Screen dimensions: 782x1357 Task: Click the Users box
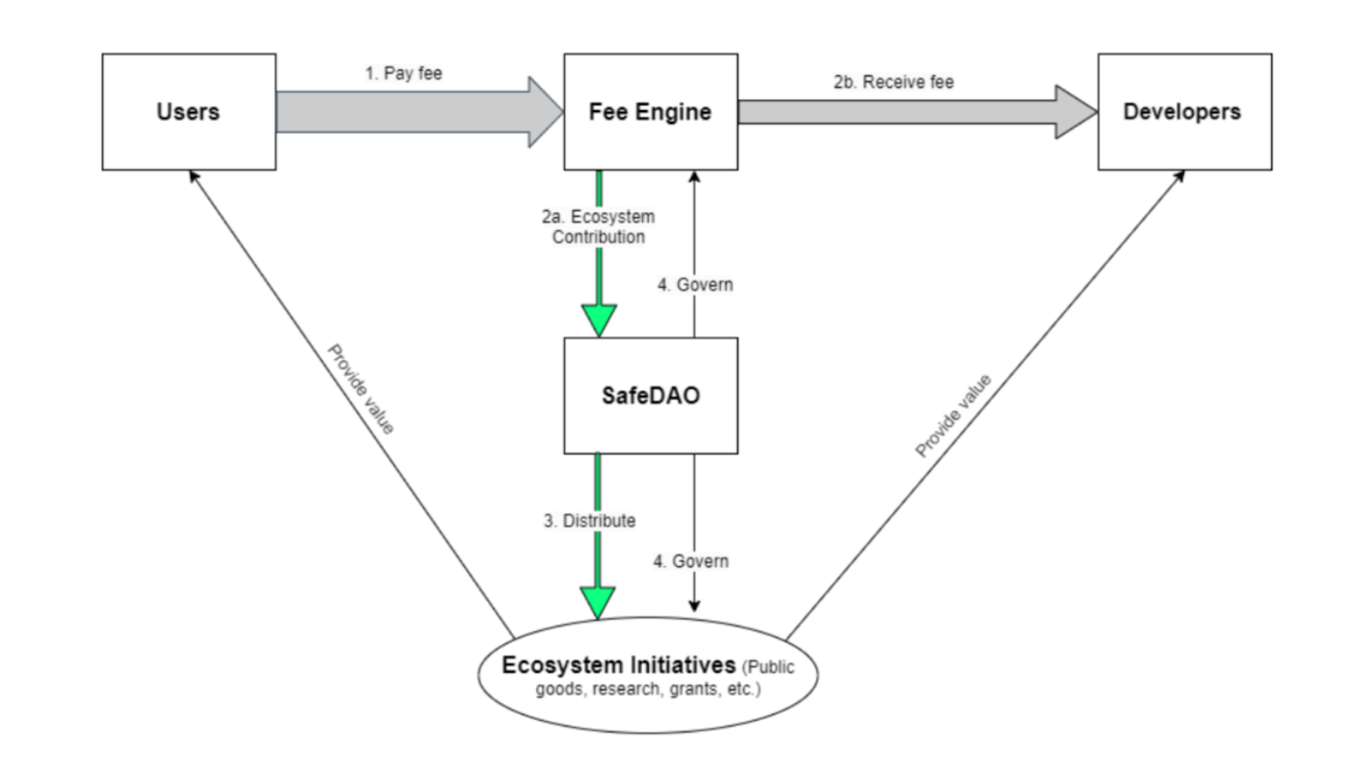point(188,112)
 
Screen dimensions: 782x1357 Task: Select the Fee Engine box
point(651,112)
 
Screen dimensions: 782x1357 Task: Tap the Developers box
point(1184,112)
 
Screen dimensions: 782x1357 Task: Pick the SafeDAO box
point(651,395)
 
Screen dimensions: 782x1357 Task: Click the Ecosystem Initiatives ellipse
point(648,675)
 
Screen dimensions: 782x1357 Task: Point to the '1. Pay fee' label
point(404,74)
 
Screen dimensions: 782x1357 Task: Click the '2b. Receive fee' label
point(893,82)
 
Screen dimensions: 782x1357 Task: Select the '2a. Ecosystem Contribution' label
point(599,226)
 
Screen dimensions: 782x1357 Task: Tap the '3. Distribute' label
point(589,521)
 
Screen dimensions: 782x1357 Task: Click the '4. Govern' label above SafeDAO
point(695,285)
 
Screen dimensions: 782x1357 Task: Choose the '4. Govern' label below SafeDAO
point(691,561)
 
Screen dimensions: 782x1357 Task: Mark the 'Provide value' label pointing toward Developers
point(953,416)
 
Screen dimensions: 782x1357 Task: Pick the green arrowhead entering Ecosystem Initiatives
point(598,601)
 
